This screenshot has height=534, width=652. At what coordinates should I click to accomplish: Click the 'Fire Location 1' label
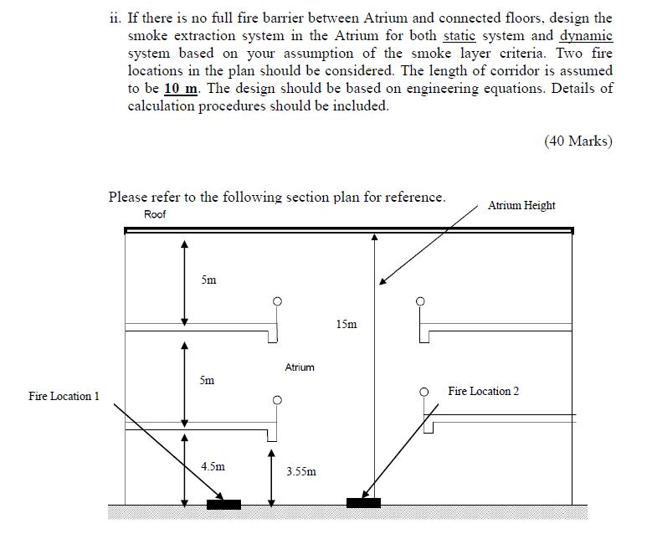(64, 396)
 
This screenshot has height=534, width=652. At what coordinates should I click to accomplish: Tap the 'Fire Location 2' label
(483, 391)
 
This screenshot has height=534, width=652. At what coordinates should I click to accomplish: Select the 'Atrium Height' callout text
(521, 205)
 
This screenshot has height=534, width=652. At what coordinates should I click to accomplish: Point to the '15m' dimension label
(347, 324)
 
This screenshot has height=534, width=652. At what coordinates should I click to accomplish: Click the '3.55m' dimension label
(301, 471)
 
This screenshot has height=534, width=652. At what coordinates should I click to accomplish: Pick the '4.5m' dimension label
(213, 466)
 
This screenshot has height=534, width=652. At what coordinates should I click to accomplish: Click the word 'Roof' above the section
(155, 214)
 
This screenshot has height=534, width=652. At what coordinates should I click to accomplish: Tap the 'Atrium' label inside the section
(300, 367)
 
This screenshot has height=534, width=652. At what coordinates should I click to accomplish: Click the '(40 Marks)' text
(578, 141)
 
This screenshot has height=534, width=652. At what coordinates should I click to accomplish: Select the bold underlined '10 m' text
(181, 89)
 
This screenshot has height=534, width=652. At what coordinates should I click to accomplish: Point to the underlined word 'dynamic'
(586, 35)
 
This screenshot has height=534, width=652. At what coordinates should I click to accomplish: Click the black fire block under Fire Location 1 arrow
(223, 504)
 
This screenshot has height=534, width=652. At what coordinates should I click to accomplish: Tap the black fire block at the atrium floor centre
(363, 502)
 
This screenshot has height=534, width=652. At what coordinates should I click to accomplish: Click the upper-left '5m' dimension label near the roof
(208, 280)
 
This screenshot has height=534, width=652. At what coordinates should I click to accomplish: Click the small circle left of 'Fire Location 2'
(424, 391)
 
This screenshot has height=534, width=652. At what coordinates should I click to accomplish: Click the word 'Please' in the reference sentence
(128, 197)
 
